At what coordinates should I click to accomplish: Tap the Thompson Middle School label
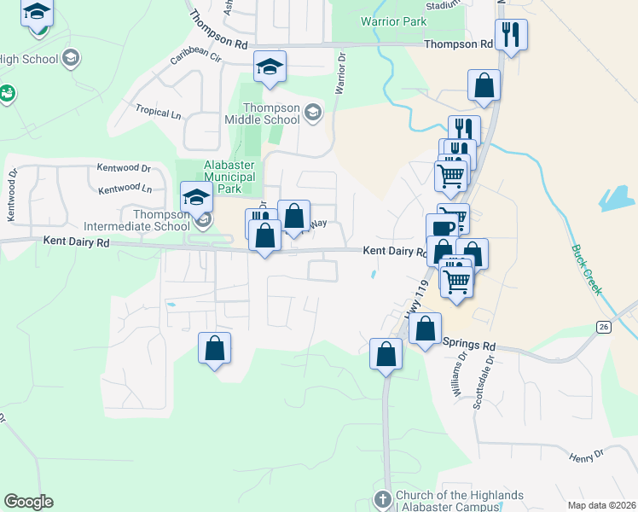(272, 113)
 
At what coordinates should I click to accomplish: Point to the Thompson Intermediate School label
(137, 220)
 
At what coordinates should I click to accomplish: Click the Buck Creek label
(586, 271)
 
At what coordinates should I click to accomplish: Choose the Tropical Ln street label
(159, 112)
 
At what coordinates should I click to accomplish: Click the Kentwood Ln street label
(125, 188)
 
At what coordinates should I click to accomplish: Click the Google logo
(28, 502)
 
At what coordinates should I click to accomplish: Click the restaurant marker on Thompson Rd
(511, 35)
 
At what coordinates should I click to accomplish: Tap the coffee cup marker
(442, 228)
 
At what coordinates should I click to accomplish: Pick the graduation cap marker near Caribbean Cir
(270, 67)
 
